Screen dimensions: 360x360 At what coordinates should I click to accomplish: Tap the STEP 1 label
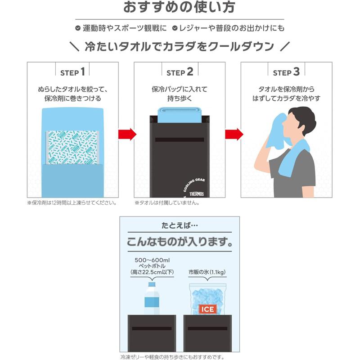click(72, 72)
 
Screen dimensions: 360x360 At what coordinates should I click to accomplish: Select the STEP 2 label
click(180, 72)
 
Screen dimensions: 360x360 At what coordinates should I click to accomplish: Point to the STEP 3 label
click(286, 72)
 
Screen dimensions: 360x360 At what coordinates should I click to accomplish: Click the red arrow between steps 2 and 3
click(233, 134)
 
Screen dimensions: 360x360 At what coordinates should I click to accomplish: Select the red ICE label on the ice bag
click(208, 309)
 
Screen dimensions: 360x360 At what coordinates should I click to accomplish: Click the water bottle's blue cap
click(152, 284)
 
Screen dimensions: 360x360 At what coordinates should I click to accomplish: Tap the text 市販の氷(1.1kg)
click(207, 272)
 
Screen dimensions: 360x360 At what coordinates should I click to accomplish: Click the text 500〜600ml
click(152, 261)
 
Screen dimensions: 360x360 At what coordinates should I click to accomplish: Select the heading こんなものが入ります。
click(179, 241)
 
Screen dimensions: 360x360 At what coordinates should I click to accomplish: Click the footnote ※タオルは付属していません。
click(167, 202)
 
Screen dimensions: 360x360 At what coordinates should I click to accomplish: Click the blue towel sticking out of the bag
click(180, 112)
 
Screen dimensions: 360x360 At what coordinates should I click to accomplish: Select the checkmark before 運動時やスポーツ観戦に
click(78, 28)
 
